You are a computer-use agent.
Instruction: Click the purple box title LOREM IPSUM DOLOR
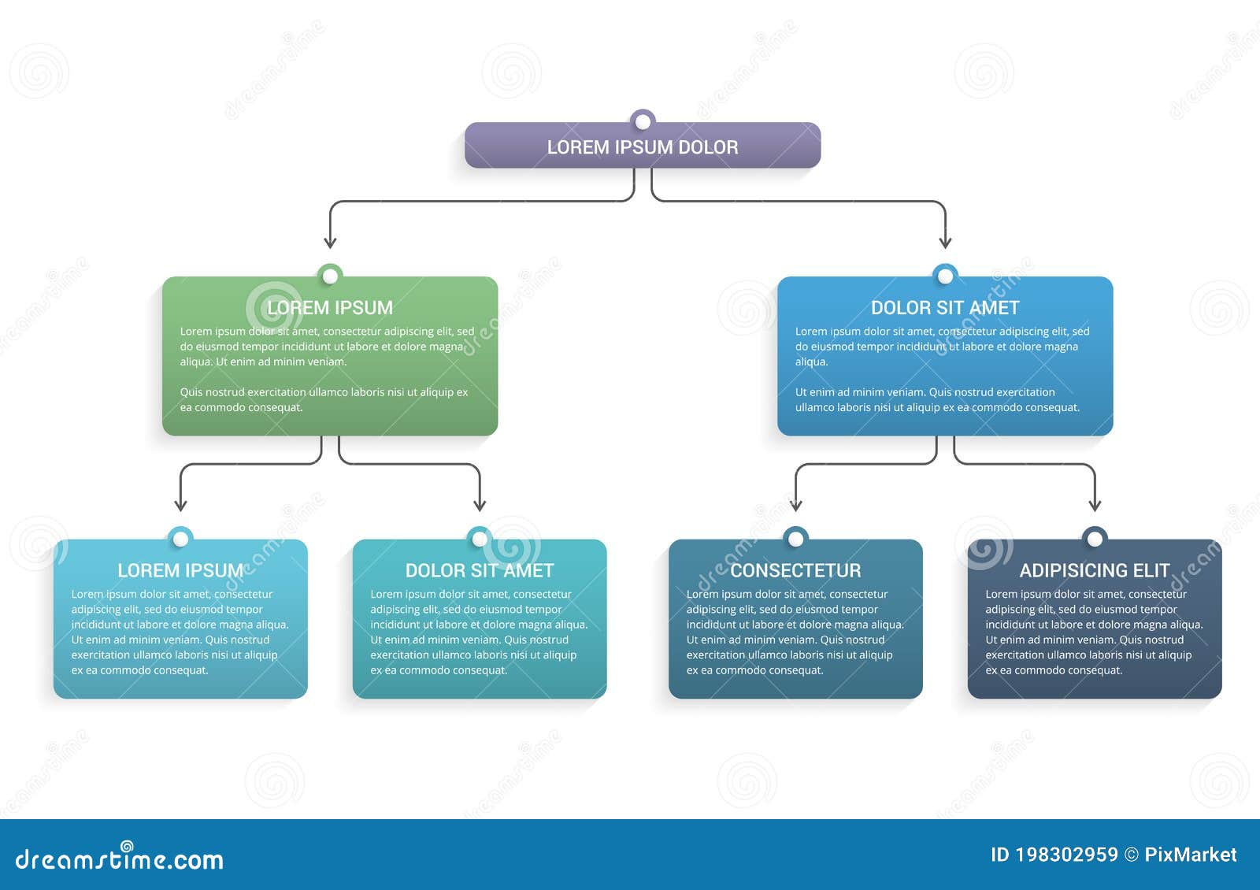[x=643, y=147]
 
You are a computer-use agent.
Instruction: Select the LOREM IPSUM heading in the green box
[x=330, y=307]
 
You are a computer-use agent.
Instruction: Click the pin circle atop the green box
[x=330, y=276]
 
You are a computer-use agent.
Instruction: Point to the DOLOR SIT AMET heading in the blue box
[x=945, y=307]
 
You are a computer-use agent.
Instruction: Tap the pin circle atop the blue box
[x=945, y=276]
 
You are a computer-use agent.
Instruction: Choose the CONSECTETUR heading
[x=795, y=570]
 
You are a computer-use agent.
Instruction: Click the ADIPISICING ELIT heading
[x=1095, y=570]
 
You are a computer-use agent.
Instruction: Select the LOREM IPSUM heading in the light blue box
[x=180, y=570]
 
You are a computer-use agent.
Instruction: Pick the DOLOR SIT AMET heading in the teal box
[x=480, y=570]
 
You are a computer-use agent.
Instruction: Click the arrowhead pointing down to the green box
[x=331, y=242]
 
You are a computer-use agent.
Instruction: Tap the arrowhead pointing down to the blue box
[x=945, y=242]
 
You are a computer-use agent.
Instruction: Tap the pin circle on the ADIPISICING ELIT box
[x=1095, y=539]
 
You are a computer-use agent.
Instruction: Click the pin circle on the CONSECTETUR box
[x=795, y=539]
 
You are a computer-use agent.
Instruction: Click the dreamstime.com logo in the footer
[x=120, y=858]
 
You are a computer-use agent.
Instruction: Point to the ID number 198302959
[x=1066, y=855]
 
